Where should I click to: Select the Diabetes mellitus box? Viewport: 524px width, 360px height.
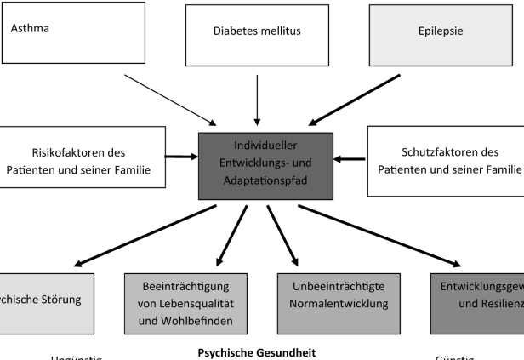pyautogui.click(x=258, y=35)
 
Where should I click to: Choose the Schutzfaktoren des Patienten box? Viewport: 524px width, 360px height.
pyautogui.click(x=446, y=162)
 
